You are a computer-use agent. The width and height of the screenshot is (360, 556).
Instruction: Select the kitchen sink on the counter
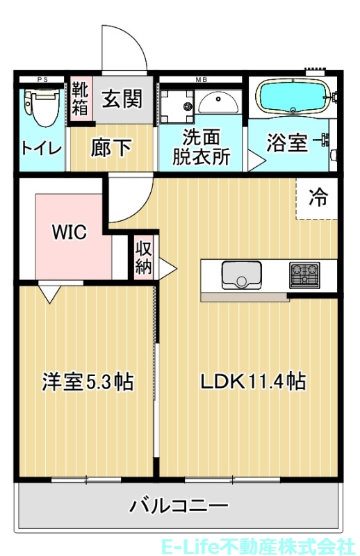coord(241,275)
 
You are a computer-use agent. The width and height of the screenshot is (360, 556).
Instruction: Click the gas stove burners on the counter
coord(304,275)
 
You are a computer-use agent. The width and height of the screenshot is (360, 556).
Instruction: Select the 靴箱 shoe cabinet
coord(80,100)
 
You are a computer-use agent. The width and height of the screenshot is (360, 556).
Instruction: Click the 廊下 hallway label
coord(111,147)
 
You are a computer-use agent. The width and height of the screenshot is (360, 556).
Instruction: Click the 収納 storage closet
coord(143,259)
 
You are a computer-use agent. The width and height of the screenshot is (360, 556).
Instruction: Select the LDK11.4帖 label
coord(253,382)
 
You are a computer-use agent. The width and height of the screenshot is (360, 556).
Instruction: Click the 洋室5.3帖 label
coord(88,382)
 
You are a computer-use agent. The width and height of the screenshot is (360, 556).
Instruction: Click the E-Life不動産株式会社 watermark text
coord(257,544)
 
